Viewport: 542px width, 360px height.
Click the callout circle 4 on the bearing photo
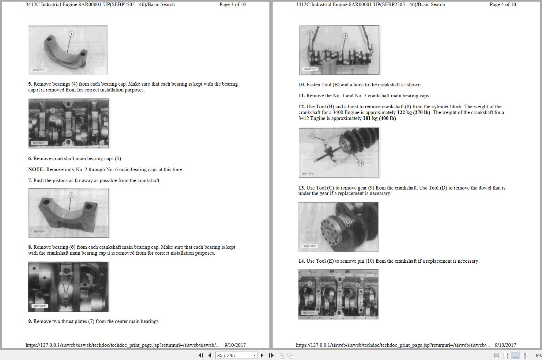pyautogui.click(x=71, y=34)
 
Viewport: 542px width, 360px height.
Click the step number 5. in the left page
pyautogui.click(x=30, y=84)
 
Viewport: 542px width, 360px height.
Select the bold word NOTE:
pyautogui.click(x=36, y=170)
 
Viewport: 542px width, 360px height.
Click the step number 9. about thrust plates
pyautogui.click(x=30, y=322)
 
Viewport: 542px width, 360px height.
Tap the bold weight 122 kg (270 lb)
pyautogui.click(x=413, y=113)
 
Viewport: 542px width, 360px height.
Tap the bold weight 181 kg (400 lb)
pyautogui.click(x=379, y=119)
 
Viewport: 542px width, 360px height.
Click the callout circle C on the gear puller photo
pyautogui.click(x=311, y=136)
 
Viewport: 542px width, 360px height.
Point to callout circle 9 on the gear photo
pyautogui.click(x=361, y=164)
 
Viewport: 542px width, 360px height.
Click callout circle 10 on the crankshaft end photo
pyautogui.click(x=347, y=221)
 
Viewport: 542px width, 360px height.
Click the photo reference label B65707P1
pyautogui.click(x=38, y=70)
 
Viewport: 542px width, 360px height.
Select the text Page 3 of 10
pyautogui.click(x=232, y=5)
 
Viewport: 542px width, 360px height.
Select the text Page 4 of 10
pyautogui.click(x=503, y=5)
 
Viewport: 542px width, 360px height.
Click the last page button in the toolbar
pyautogui.click(x=271, y=355)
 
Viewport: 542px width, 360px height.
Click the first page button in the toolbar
pyautogui.click(x=201, y=355)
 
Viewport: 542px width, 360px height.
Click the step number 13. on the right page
pyautogui.click(x=301, y=188)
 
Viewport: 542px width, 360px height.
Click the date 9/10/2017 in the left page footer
pyautogui.click(x=235, y=345)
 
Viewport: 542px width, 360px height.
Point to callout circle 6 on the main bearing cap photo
pyautogui.click(x=71, y=195)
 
